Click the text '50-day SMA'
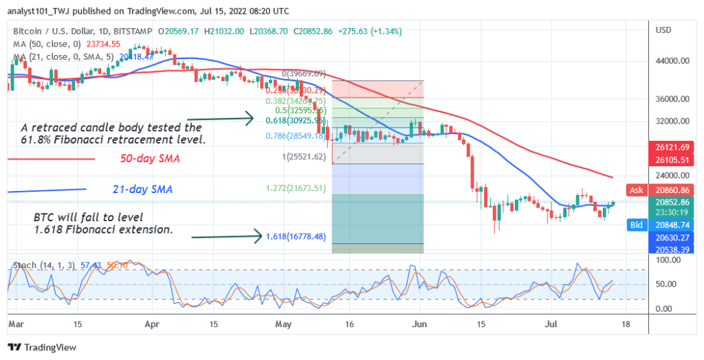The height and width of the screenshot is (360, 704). pos(149,159)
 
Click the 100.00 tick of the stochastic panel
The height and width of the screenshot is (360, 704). pos(668,260)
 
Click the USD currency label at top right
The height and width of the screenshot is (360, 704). pos(664,30)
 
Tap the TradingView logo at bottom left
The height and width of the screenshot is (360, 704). pos(41,347)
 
